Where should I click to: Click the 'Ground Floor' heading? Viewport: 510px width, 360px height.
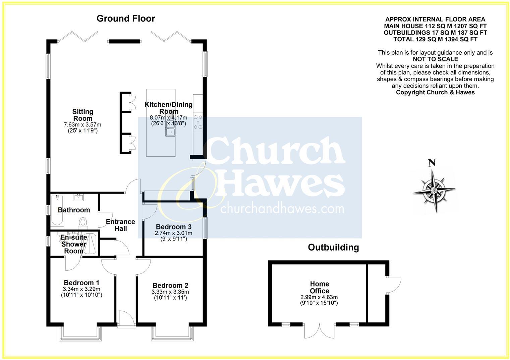126,18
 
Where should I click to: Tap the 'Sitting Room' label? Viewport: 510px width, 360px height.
83,115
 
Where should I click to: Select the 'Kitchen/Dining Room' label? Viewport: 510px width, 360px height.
168,108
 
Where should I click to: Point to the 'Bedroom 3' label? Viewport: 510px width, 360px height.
173,227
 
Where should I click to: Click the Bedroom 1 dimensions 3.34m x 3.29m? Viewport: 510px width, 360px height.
81,289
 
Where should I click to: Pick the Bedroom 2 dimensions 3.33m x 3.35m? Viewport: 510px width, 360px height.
170,292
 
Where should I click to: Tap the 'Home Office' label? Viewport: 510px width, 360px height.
319,287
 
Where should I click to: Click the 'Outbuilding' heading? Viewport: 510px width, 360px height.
333,248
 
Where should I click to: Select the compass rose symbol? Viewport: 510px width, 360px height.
434,190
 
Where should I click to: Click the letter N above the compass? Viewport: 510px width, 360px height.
432,163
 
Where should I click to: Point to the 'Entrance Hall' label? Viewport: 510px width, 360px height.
120,225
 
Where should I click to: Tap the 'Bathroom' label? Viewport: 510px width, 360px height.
74,210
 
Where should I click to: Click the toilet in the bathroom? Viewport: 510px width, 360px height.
83,222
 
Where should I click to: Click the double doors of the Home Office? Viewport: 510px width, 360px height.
320,330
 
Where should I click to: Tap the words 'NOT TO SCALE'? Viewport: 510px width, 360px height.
435,59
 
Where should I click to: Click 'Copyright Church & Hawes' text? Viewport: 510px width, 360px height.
435,92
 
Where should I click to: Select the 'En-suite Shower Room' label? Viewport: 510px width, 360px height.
74,244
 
